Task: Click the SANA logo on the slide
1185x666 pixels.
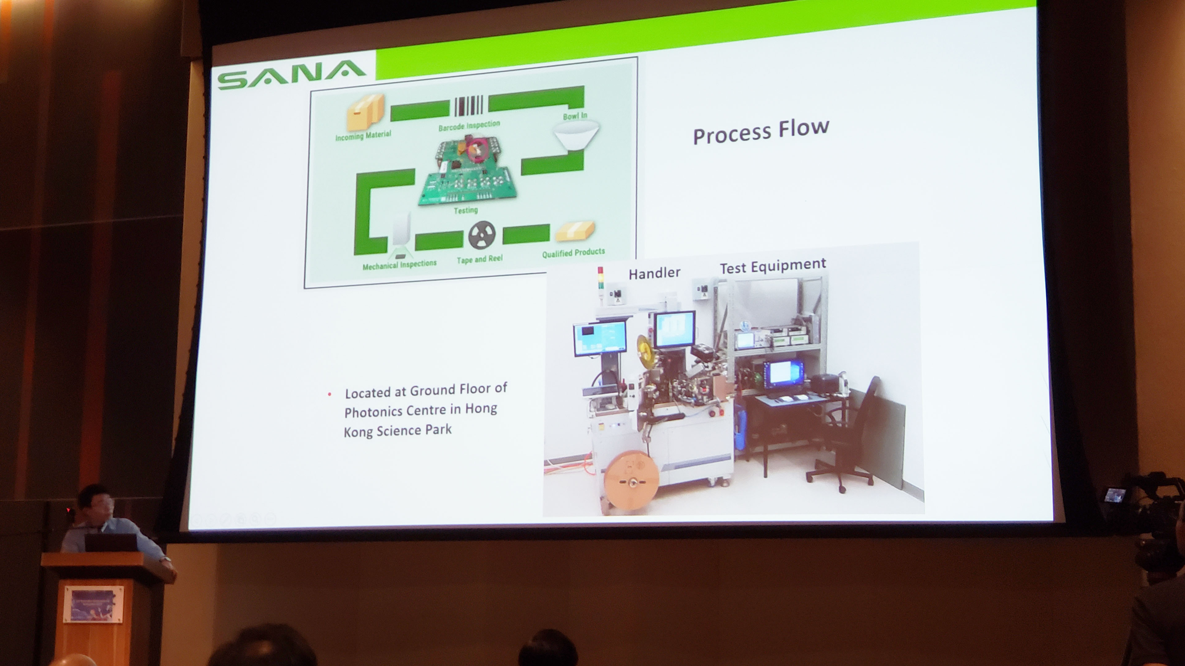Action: pyautogui.click(x=292, y=75)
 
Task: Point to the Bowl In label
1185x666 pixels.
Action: pyautogui.click(x=575, y=116)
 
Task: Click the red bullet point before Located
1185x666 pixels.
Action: pyautogui.click(x=329, y=394)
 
